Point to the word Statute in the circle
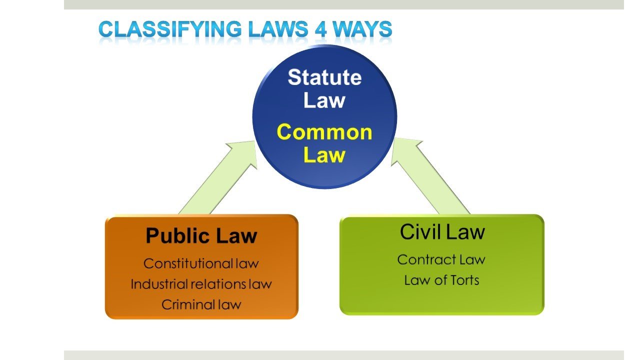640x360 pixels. tap(324, 77)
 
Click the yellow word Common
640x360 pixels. tap(324, 132)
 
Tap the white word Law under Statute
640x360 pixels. tap(324, 100)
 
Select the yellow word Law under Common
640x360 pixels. tap(324, 155)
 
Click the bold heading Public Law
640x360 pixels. tap(201, 235)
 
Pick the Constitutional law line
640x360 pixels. tap(201, 263)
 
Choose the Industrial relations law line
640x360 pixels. tap(201, 284)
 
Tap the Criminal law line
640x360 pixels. tap(201, 304)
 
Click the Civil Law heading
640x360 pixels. tap(442, 232)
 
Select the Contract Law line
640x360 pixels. tap(441, 259)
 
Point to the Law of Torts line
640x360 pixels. tap(441, 280)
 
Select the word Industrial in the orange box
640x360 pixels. tap(159, 284)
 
